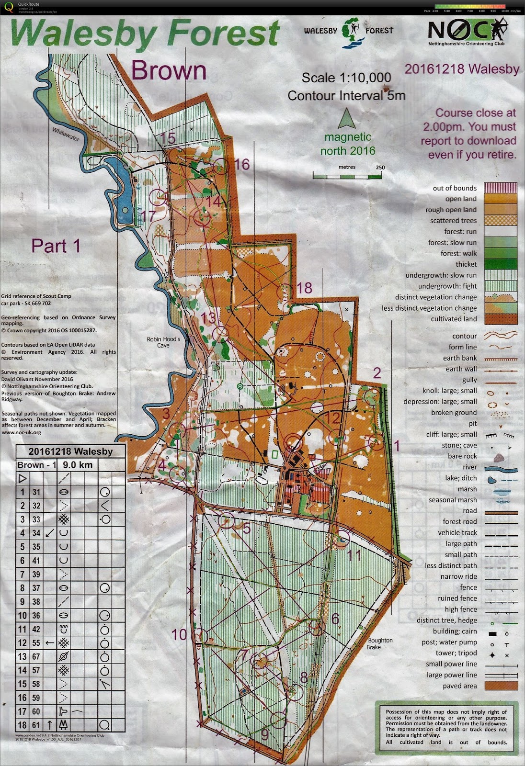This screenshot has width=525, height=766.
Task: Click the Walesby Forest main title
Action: (x=145, y=34)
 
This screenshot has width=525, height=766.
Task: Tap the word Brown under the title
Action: (x=169, y=70)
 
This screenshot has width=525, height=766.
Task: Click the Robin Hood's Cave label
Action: (x=163, y=342)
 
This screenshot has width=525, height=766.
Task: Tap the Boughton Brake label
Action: (x=380, y=643)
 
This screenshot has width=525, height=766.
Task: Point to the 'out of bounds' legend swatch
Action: (x=501, y=188)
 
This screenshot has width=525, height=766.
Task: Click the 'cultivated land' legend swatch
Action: (x=501, y=319)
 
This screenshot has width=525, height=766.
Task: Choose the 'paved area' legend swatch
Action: (x=501, y=686)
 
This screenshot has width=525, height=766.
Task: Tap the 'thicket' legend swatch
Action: (x=501, y=264)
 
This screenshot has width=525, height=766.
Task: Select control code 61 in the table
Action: (x=36, y=725)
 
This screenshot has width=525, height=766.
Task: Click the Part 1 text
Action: (x=56, y=246)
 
